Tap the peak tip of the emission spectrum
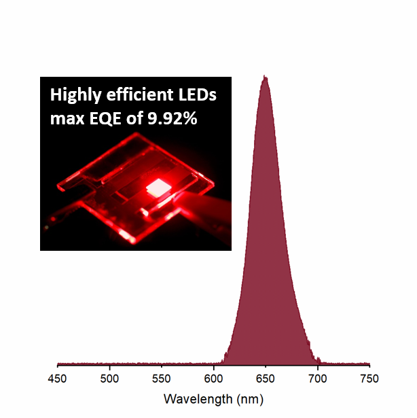point(265,77)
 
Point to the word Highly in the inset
point(73,96)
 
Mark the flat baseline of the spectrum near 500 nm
point(110,364)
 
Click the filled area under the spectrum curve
point(266,272)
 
